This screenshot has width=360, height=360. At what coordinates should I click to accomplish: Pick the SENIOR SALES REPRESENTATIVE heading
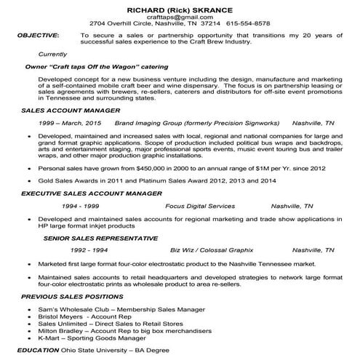coord(92,237)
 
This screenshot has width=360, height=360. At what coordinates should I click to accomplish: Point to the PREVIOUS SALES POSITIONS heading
coord(68,297)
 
